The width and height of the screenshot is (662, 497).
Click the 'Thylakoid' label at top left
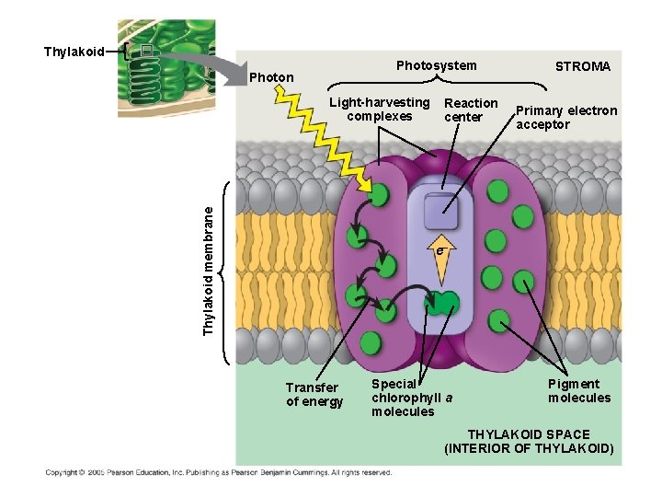pos(74,52)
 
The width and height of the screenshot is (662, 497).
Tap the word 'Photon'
pos(271,77)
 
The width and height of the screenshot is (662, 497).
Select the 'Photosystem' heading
pos(436,65)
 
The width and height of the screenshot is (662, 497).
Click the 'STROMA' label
pos(582,66)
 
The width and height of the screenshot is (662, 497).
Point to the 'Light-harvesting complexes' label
pos(380,110)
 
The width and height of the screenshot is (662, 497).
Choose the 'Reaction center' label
pos(470,110)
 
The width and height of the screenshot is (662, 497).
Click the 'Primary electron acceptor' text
pos(565,117)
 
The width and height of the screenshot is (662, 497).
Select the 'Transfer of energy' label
pos(314,394)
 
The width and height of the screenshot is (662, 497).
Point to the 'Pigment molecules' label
pos(578,391)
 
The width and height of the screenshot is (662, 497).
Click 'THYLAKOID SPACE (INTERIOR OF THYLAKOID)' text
pos(529,442)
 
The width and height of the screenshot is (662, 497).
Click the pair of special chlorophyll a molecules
pos(441,304)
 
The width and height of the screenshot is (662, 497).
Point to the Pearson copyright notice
pos(219,473)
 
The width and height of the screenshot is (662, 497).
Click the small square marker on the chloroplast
pos(144,52)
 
